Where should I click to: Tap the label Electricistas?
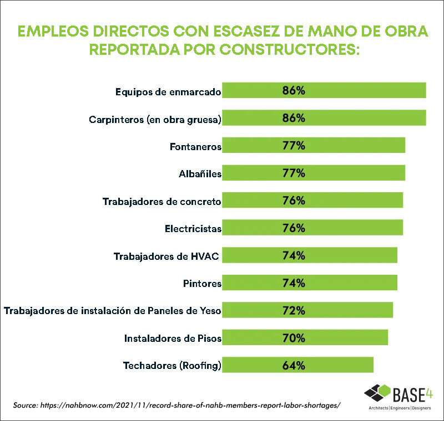(193, 228)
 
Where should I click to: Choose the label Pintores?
(202, 283)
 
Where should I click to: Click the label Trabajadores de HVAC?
(167, 256)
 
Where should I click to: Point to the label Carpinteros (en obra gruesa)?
(155, 119)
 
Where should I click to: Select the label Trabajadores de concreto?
(162, 201)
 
